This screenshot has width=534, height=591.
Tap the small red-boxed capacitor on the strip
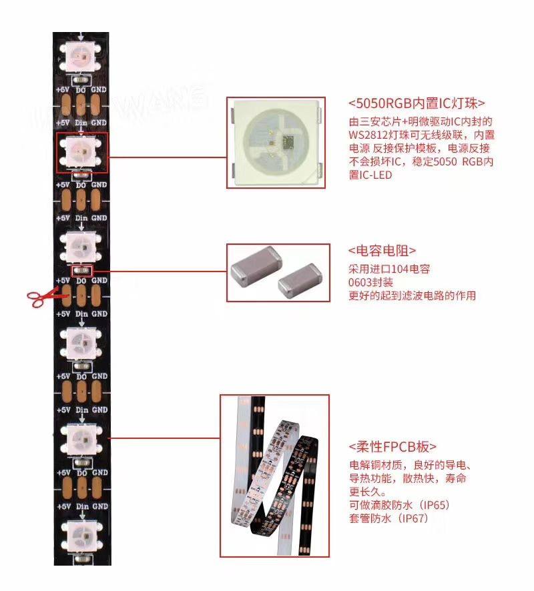(81, 270)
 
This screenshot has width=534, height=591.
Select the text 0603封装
(371, 282)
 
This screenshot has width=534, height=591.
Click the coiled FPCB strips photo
(274, 476)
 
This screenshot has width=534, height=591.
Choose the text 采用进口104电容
(388, 269)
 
